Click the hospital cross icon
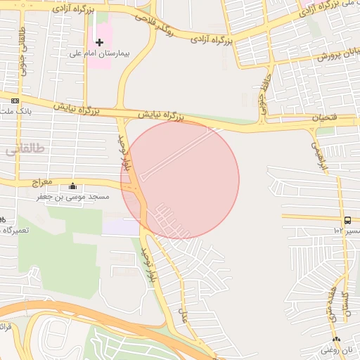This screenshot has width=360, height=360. pyautogui.click(x=99, y=43)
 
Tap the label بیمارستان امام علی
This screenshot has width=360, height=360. pyautogui.click(x=100, y=53)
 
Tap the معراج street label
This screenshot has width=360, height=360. pyautogui.click(x=42, y=182)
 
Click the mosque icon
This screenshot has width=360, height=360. pyautogui.click(x=73, y=187)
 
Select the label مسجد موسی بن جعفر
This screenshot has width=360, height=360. pyautogui.click(x=74, y=198)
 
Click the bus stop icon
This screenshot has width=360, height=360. pyautogui.click(x=349, y=220)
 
